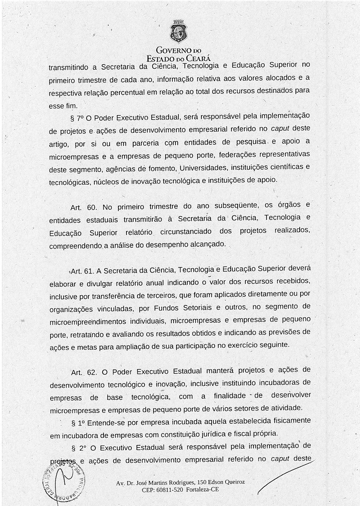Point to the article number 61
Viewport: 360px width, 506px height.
click(89, 271)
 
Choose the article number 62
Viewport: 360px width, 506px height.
click(92, 372)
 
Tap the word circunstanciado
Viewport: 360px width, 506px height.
click(186, 232)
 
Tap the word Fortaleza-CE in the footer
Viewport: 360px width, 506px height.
click(202, 489)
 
